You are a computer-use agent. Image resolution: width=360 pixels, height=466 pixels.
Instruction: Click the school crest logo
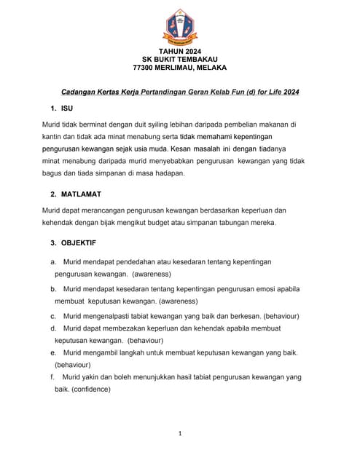point(179,25)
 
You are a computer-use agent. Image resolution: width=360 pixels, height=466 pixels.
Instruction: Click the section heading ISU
point(66,108)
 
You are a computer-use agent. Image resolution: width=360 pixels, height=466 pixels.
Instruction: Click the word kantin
point(55,136)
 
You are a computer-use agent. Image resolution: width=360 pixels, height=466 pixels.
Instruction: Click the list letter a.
point(52,261)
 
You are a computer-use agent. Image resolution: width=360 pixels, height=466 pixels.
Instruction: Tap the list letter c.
point(53,316)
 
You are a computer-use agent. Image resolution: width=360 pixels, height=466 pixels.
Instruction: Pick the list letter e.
point(53,352)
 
